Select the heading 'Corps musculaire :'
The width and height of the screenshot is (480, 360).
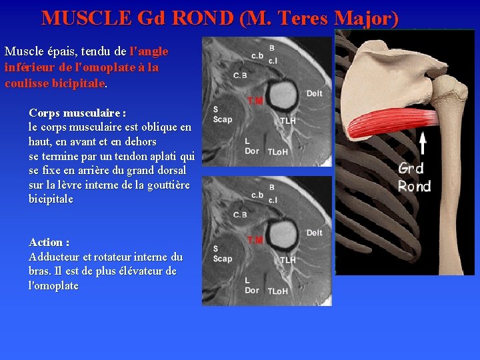click(x=78, y=112)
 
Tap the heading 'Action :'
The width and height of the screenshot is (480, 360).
click(x=49, y=242)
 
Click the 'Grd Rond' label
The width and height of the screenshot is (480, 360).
click(x=414, y=177)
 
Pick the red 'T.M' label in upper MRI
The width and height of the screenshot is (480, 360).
click(x=255, y=101)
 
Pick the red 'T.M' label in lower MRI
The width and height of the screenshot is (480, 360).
click(x=255, y=240)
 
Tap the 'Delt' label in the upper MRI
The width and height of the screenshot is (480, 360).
click(x=314, y=93)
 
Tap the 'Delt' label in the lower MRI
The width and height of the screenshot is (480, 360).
click(x=314, y=233)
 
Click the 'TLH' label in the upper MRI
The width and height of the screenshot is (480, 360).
click(x=289, y=121)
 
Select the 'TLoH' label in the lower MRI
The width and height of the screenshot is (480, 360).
click(x=277, y=291)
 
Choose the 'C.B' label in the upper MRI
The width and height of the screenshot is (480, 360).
click(x=241, y=75)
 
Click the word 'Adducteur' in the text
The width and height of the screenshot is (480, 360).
click(x=54, y=257)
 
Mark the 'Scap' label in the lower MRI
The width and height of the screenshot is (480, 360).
click(x=222, y=259)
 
